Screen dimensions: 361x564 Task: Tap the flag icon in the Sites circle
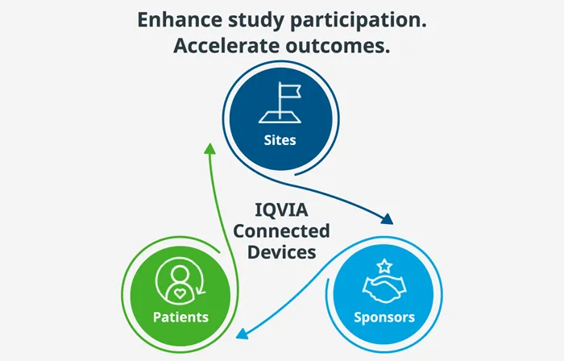point(280,103)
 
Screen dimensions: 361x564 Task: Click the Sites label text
point(280,140)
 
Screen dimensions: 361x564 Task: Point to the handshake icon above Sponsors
point(384,284)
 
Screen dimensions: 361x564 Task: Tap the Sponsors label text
point(384,317)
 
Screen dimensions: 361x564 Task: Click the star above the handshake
point(385,263)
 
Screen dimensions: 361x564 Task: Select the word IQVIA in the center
point(280,211)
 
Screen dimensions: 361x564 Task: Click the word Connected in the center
point(281,231)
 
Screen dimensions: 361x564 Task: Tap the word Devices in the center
point(281,251)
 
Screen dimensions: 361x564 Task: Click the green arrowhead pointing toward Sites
point(209,149)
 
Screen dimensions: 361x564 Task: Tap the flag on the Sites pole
point(287,89)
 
